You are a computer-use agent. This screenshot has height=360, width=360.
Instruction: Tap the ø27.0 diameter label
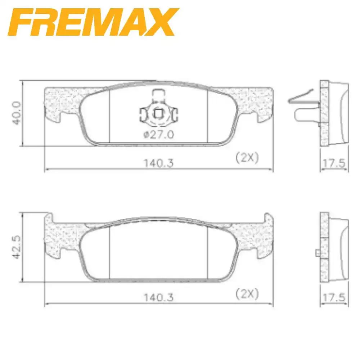tap(159, 135)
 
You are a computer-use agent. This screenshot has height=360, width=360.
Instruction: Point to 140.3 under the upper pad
tap(159, 163)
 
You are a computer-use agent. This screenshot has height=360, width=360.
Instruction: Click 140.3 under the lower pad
tap(159, 298)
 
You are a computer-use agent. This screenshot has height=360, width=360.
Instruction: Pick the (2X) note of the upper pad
tap(247, 158)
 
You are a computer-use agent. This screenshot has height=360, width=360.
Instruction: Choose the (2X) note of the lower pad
tap(247, 294)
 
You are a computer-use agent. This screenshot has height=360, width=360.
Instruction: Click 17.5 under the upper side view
tap(334, 163)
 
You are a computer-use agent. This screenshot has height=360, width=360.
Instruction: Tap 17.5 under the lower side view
tap(334, 298)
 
